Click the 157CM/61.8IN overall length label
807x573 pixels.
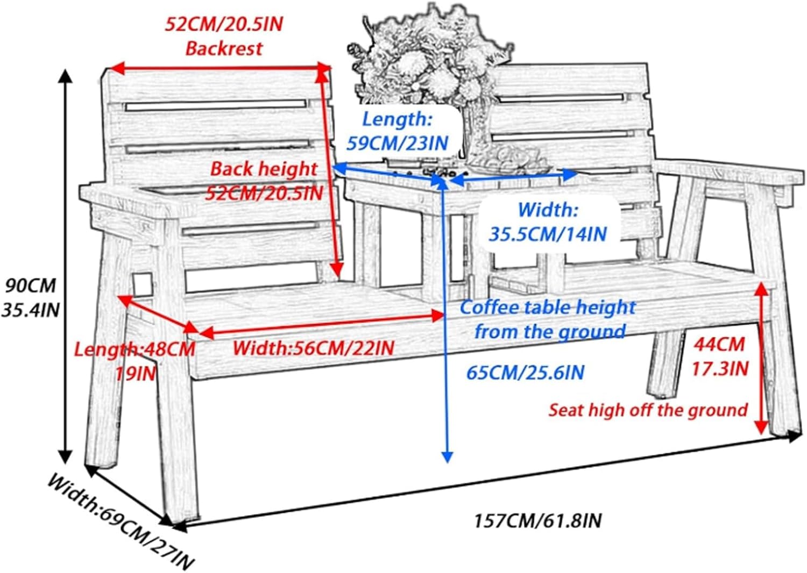[x=537, y=520]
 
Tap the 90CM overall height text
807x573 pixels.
[x=31, y=285]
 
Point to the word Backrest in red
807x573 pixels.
[x=224, y=48]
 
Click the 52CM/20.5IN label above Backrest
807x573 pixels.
[x=223, y=25]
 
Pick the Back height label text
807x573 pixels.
[x=264, y=169]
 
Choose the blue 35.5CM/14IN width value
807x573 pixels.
[x=548, y=234]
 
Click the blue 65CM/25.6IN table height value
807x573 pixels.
[x=525, y=372]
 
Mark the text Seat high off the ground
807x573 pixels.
[x=648, y=410]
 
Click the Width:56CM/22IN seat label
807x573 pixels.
[x=313, y=348]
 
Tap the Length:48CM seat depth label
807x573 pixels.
[x=134, y=349]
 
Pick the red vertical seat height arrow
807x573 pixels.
[x=760, y=357]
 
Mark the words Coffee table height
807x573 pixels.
[x=548, y=307]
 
